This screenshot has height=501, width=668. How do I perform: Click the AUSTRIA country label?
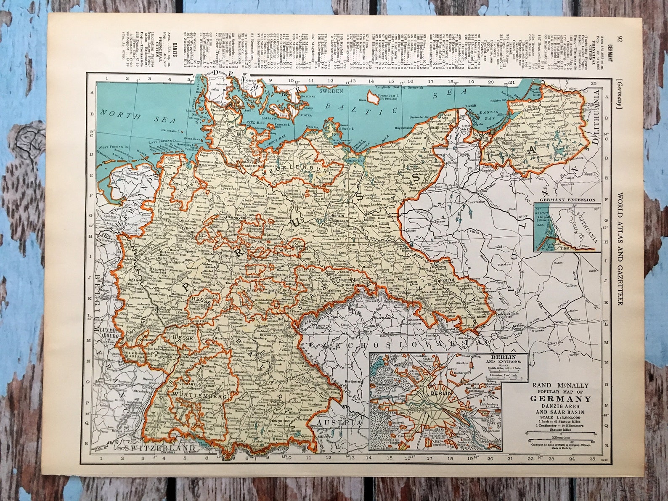click(339, 423)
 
